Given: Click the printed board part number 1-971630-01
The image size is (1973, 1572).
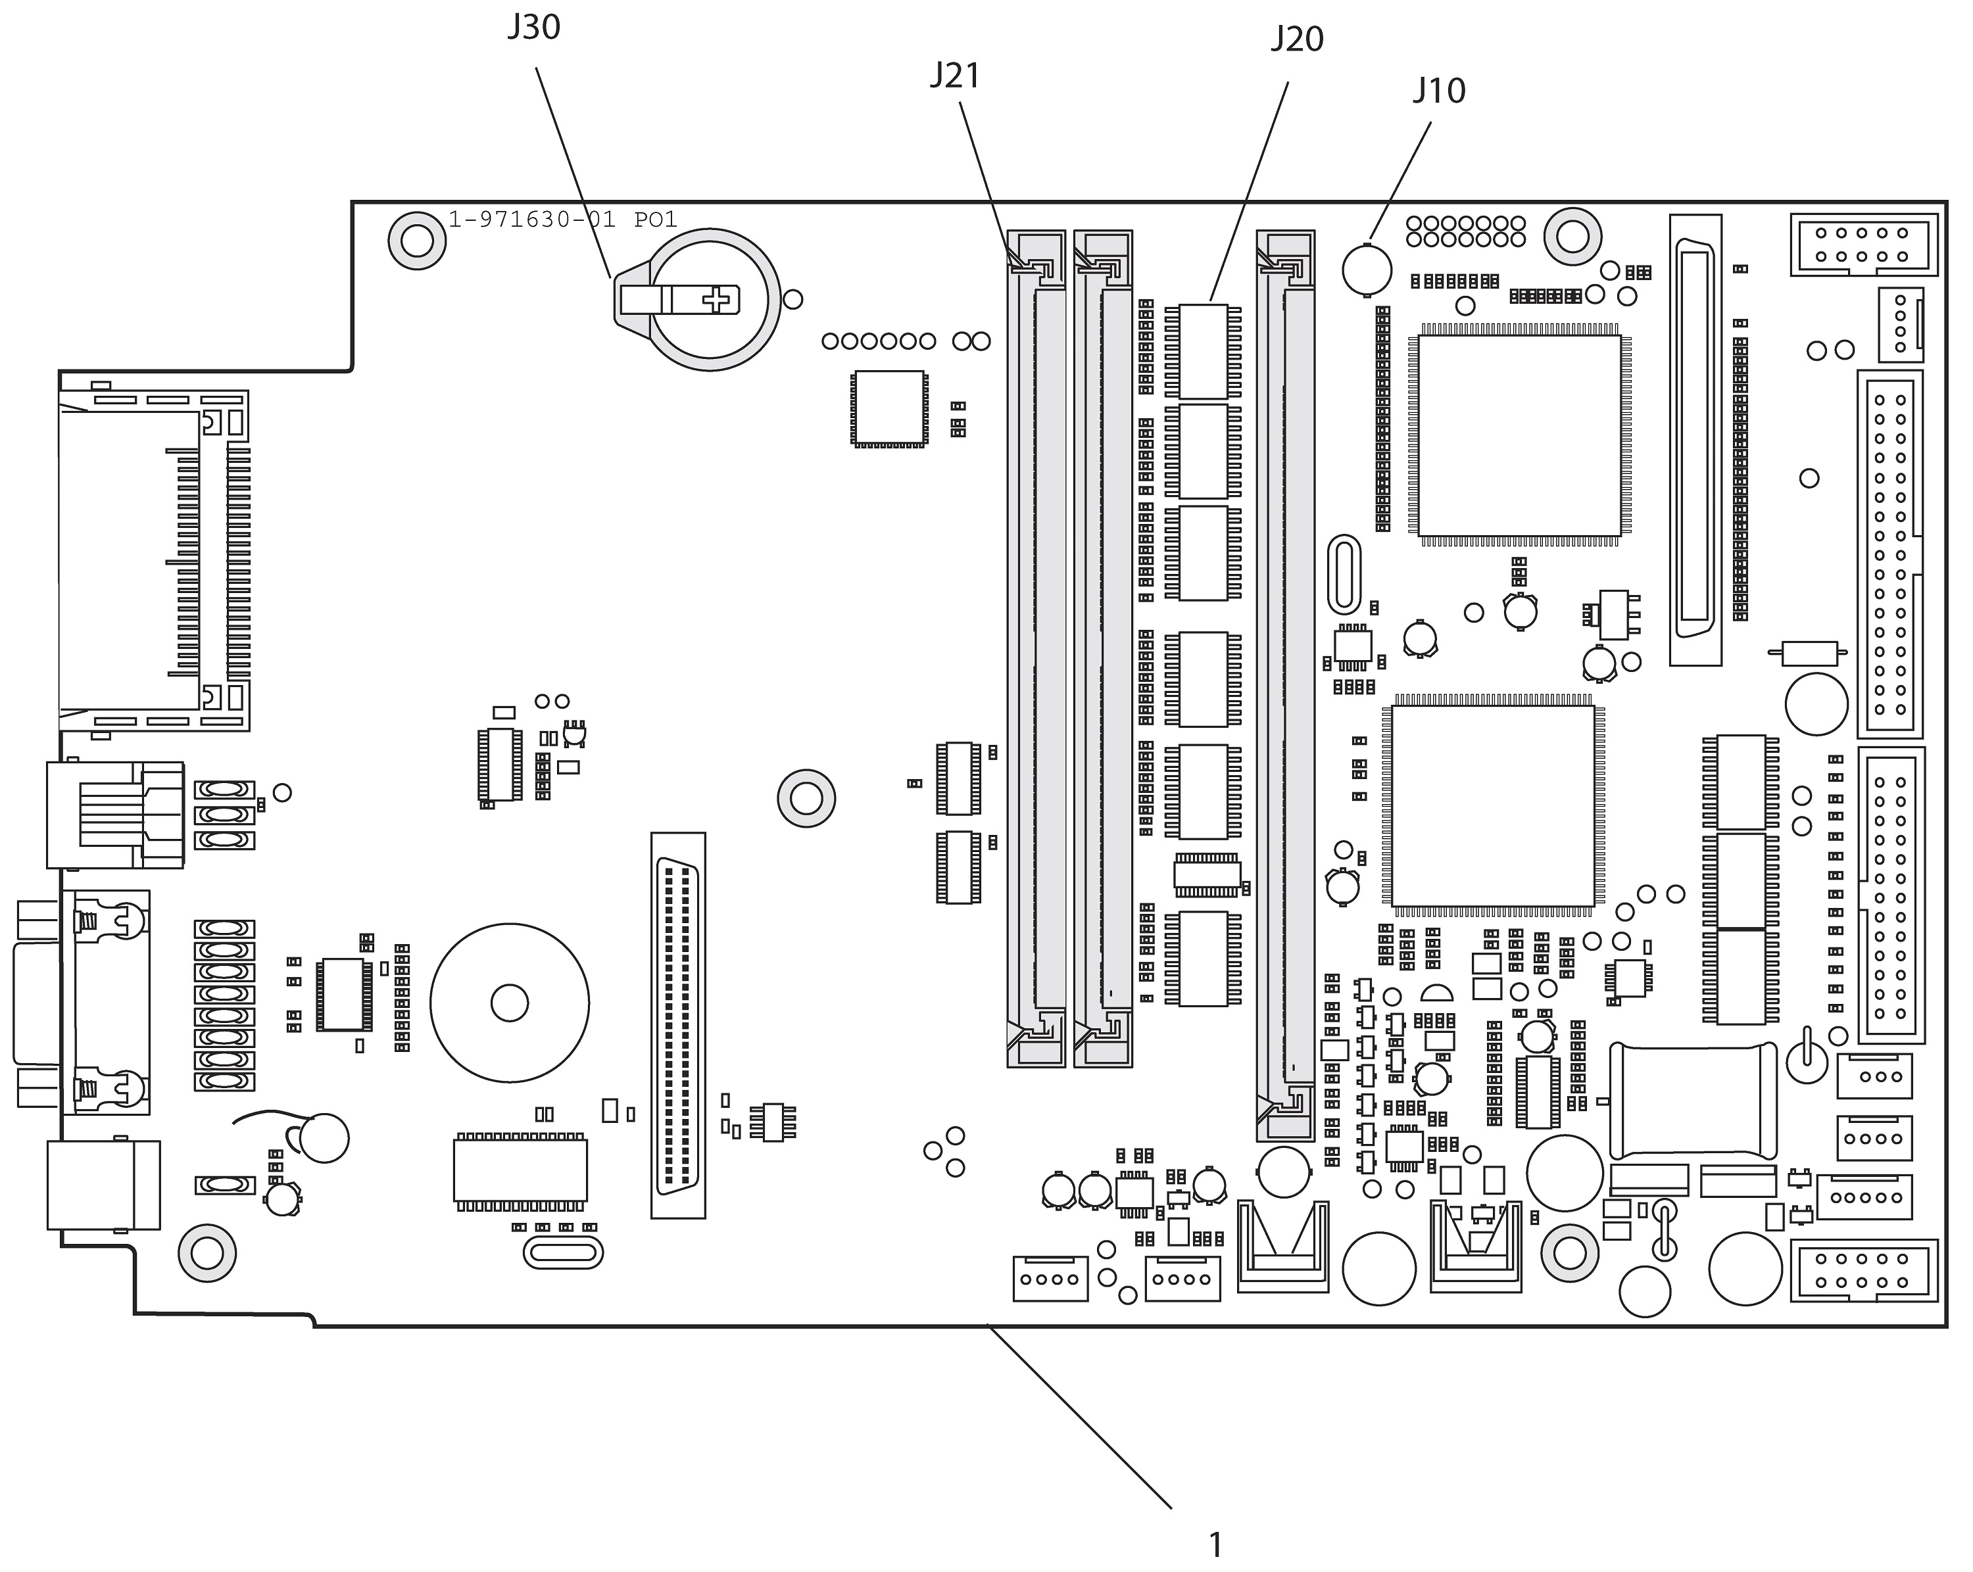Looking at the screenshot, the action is [531, 220].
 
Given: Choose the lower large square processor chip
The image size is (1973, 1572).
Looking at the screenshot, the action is [1492, 805].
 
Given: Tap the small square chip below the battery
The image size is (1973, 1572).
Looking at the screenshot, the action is [888, 408].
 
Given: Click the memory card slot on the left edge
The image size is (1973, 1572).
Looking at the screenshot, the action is [154, 560].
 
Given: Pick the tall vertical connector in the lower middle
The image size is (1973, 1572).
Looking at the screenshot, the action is [678, 1025].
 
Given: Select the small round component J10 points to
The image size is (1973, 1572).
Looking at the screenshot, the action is [1367, 269].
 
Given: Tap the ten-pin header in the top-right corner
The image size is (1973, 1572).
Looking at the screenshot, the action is [1864, 245].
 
